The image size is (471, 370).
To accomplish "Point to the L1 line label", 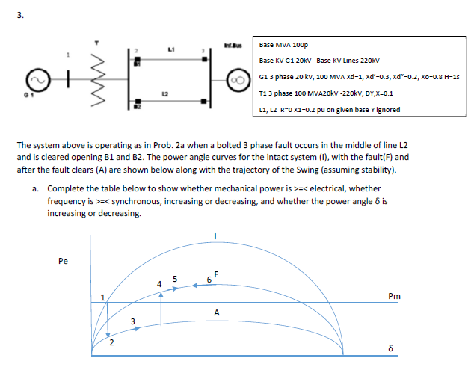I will (x=172, y=48).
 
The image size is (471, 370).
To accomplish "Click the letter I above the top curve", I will (x=216, y=236).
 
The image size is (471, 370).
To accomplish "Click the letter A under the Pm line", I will (x=216, y=313).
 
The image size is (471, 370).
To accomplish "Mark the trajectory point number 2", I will (x=111, y=344).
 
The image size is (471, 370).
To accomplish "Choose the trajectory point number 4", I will (x=158, y=284).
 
